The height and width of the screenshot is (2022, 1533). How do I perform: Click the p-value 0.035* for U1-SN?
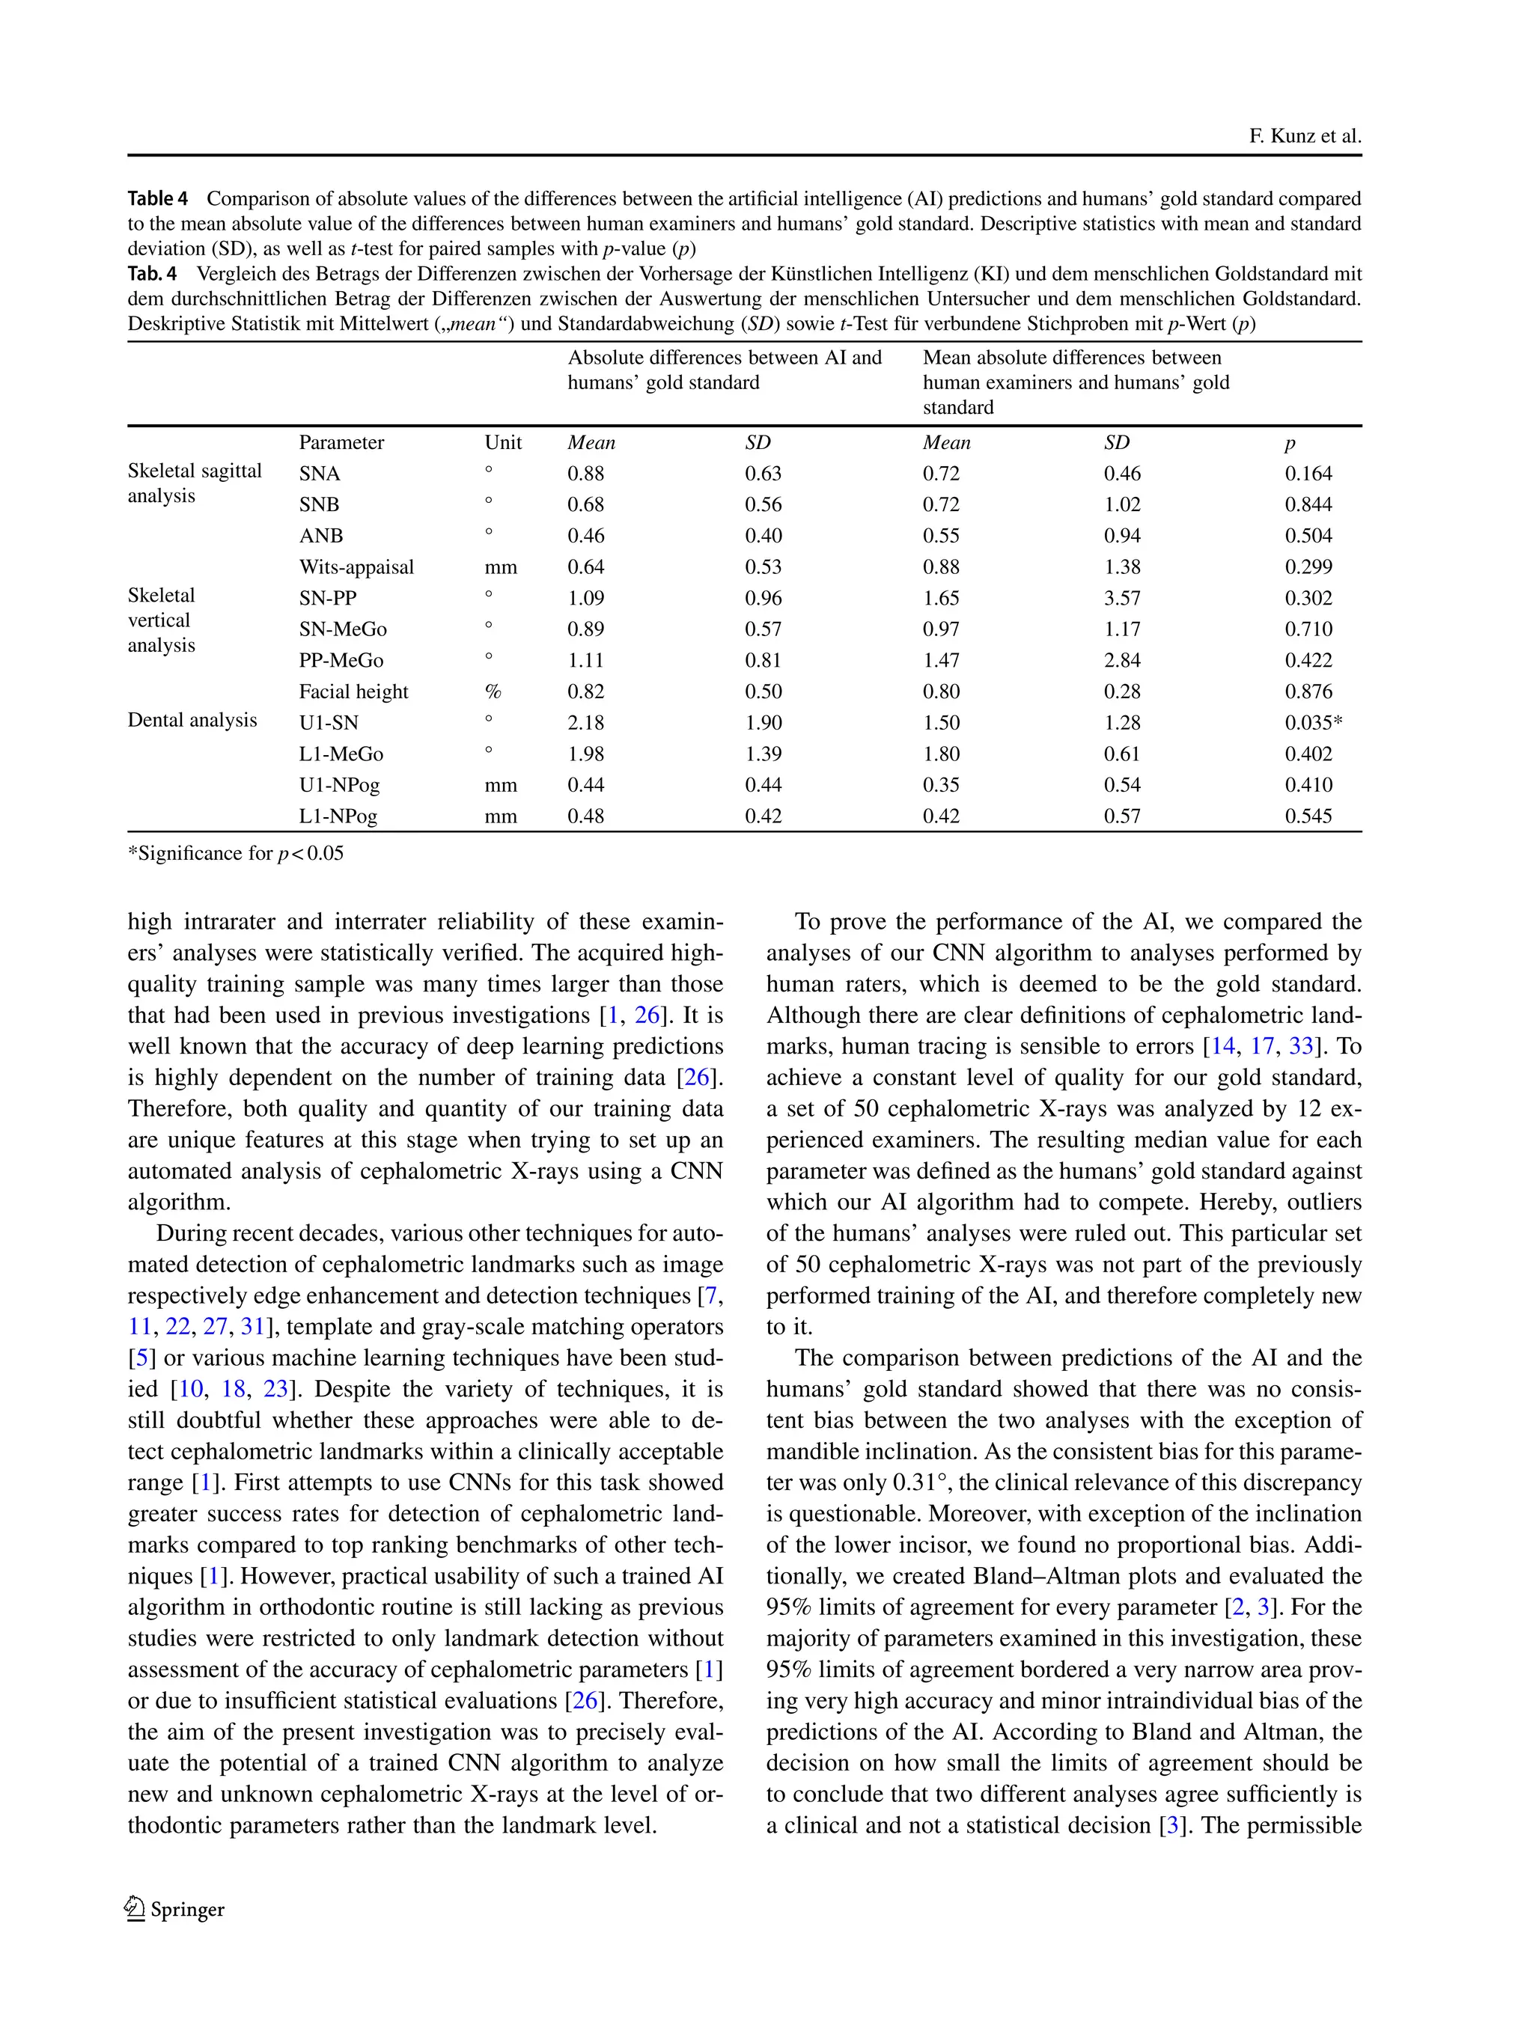point(1313,723)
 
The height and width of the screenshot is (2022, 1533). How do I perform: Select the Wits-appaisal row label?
point(356,568)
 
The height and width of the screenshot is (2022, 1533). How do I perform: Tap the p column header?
point(1290,443)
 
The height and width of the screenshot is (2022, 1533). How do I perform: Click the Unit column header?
point(503,443)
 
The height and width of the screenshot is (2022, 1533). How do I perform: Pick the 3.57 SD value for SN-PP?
point(1123,599)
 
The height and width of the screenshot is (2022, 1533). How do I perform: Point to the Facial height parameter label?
point(354,692)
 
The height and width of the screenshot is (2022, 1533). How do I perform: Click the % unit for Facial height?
point(493,692)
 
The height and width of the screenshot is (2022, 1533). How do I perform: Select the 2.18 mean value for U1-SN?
point(586,723)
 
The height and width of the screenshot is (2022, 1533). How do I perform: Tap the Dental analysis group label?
point(192,721)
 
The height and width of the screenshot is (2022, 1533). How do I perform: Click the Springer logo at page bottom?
point(174,1909)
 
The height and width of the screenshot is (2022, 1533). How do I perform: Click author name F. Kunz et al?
point(1305,137)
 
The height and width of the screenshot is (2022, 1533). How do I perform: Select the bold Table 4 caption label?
point(157,199)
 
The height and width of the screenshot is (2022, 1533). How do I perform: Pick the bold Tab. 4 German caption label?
point(152,274)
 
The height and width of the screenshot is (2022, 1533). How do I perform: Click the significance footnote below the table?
point(236,854)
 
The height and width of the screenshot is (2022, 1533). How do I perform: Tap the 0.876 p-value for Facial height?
point(1308,692)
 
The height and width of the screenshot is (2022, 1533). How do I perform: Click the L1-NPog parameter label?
point(338,817)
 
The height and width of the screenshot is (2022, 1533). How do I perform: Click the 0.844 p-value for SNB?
point(1308,506)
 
